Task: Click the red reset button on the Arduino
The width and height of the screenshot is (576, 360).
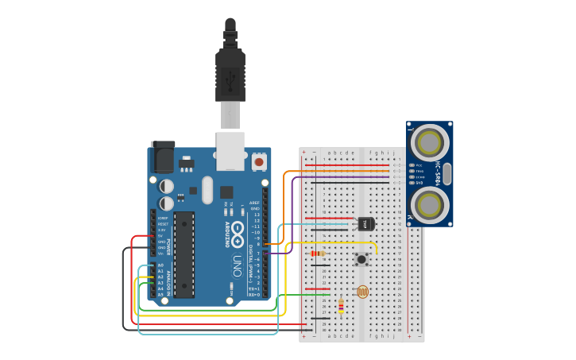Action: click(x=258, y=161)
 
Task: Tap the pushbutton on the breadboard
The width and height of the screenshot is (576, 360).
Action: click(x=362, y=258)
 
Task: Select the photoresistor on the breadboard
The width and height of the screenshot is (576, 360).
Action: click(x=362, y=292)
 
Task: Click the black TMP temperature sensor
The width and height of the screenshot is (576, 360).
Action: click(x=365, y=224)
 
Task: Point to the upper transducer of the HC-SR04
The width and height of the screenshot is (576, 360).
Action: click(x=429, y=143)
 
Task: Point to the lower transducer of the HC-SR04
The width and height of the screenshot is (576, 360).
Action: click(x=429, y=204)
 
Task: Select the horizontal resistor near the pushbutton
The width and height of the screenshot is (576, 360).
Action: click(x=318, y=254)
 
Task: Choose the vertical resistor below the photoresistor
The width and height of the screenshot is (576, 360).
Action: click(x=342, y=305)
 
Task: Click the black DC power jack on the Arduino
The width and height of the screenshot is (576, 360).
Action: click(x=162, y=157)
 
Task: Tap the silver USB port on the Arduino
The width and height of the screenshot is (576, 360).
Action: click(x=230, y=151)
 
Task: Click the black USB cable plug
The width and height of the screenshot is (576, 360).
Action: click(x=230, y=75)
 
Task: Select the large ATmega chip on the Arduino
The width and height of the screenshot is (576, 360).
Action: click(x=184, y=254)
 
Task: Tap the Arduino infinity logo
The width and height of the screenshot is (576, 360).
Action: click(x=238, y=231)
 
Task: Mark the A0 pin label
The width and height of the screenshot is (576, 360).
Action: click(x=160, y=265)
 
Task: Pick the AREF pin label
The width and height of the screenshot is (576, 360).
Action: click(x=254, y=203)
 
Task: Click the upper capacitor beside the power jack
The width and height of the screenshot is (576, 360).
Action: click(x=166, y=186)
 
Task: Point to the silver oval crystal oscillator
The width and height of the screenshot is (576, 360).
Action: click(x=207, y=190)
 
